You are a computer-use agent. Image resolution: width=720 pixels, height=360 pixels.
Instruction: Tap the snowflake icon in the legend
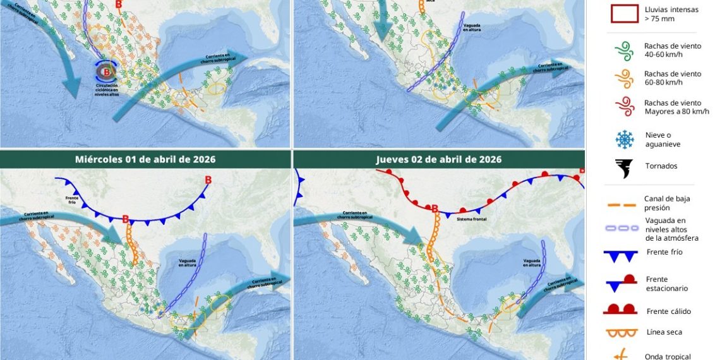coord(624,139)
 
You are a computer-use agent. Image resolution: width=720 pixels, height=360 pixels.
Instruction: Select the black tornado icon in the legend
coord(624,168)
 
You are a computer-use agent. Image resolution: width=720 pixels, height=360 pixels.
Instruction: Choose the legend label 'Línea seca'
coord(664,332)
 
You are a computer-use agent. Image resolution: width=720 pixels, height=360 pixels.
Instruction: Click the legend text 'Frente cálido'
coord(668,311)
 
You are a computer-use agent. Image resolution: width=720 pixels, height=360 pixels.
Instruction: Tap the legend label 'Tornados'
coord(661,166)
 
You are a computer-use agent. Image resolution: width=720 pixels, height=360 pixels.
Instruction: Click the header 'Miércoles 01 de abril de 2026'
coord(145,159)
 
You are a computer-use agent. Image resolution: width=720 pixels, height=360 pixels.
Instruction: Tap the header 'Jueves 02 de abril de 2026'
coord(439,159)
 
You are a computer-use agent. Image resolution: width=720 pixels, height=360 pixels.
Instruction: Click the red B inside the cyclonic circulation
coord(107,72)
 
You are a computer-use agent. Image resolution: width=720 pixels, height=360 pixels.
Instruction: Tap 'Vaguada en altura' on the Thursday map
coord(532,263)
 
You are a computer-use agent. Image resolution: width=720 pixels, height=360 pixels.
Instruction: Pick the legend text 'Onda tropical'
coord(668,356)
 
